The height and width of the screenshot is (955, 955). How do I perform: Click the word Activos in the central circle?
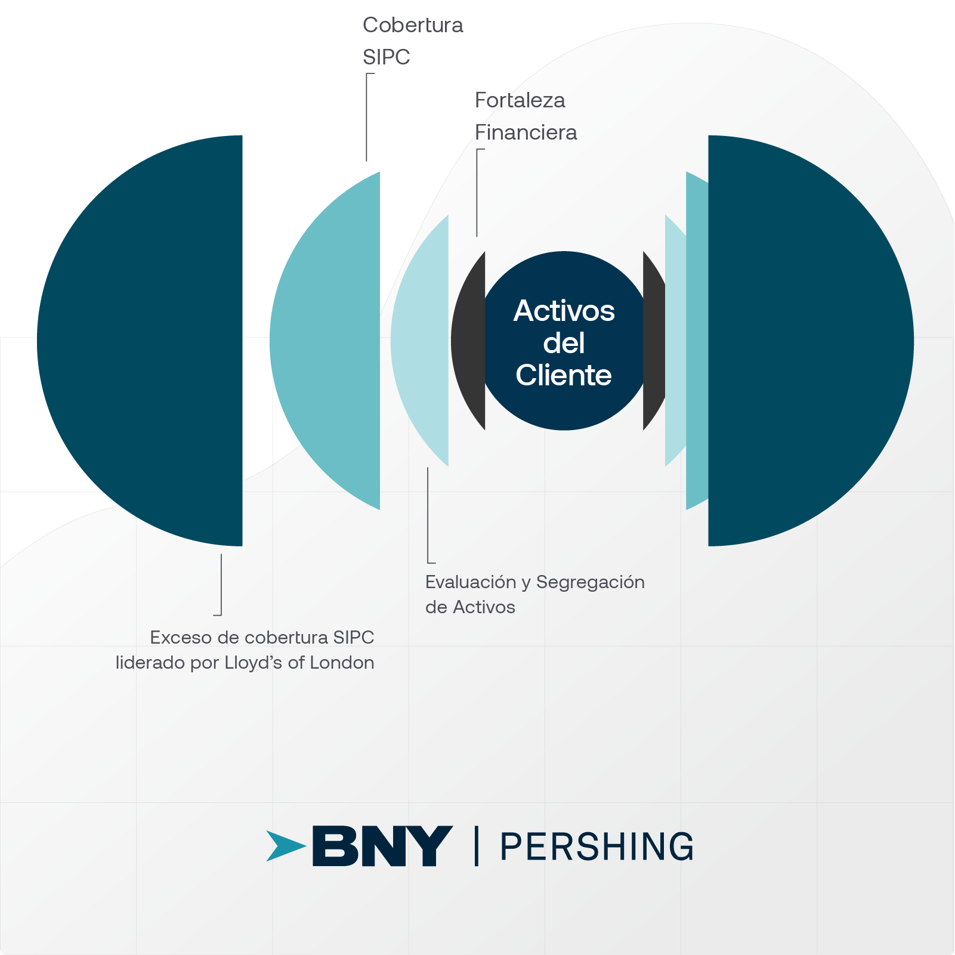[x=564, y=311]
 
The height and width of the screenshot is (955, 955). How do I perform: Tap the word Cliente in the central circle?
[x=564, y=375]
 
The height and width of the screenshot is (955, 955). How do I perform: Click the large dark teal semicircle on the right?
[x=805, y=340]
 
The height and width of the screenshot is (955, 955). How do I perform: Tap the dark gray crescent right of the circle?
[x=654, y=340]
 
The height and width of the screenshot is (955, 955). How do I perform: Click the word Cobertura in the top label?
[x=413, y=25]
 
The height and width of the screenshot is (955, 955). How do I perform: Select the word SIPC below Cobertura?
[x=386, y=57]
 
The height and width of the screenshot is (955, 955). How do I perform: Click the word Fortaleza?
[x=520, y=100]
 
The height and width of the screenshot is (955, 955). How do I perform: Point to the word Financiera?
[x=526, y=132]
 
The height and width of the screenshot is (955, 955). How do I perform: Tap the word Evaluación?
[x=471, y=582]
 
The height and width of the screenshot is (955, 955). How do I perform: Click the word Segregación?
[x=590, y=582]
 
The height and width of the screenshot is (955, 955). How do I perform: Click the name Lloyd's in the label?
[x=253, y=663]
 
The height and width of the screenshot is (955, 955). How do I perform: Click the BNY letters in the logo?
[x=382, y=846]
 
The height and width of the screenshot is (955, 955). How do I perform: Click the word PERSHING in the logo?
[x=597, y=846]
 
